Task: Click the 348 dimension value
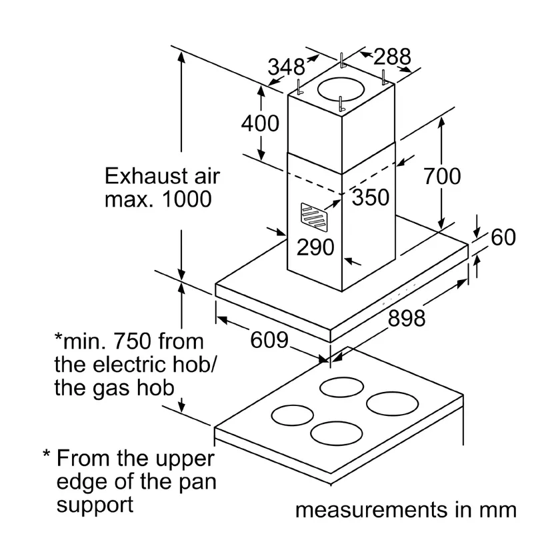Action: click(287, 67)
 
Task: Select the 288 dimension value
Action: click(392, 57)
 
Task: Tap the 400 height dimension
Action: click(260, 123)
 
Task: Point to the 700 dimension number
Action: click(442, 177)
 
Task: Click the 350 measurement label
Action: click(371, 197)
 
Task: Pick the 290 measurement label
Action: click(315, 247)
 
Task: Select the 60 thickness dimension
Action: click(503, 237)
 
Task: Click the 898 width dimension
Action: click(407, 318)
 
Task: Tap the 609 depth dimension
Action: click(269, 340)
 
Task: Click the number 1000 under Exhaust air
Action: click(187, 199)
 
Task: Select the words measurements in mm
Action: click(406, 510)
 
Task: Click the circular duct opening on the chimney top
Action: click(341, 89)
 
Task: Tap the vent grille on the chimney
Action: click(314, 215)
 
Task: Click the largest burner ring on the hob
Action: click(392, 404)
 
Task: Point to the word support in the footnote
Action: click(95, 506)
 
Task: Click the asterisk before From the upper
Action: click(47, 454)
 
